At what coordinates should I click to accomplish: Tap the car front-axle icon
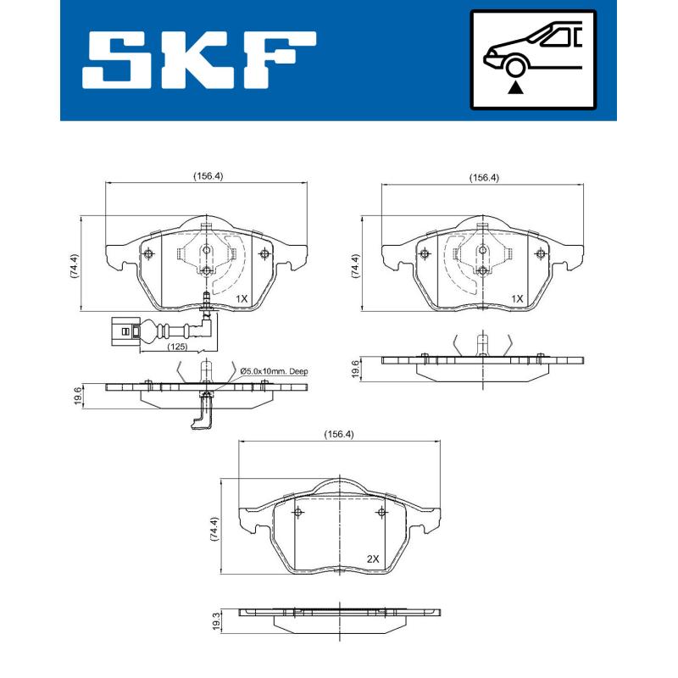click(x=533, y=59)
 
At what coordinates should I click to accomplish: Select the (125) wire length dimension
click(x=176, y=347)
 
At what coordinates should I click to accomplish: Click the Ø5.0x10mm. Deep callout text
click(x=274, y=371)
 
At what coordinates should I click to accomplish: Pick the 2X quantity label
click(x=373, y=559)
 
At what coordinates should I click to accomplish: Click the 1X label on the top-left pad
click(x=241, y=298)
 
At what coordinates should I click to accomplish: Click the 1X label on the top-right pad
click(x=517, y=298)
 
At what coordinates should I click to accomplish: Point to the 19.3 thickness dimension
click(x=217, y=622)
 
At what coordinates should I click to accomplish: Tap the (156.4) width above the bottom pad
click(x=339, y=435)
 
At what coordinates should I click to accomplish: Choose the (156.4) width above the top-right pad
click(x=485, y=178)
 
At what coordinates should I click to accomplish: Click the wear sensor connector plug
click(x=122, y=329)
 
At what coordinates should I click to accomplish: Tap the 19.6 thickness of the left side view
click(x=78, y=395)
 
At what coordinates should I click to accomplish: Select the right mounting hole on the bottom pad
click(x=382, y=513)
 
